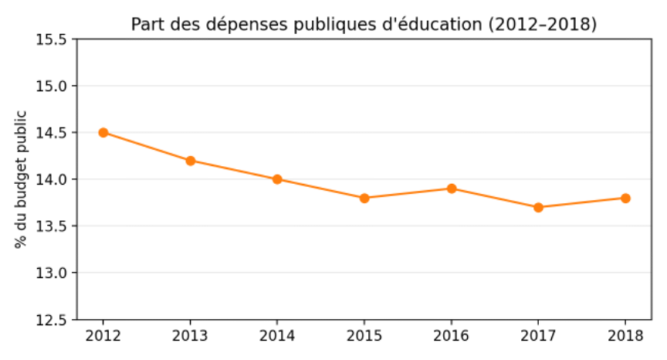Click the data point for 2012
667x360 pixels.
(x=103, y=132)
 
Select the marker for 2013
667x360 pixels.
(x=190, y=161)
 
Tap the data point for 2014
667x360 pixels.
(x=277, y=179)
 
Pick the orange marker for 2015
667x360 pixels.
(x=364, y=198)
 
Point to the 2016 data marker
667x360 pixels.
(x=452, y=188)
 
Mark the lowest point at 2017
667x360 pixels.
(x=538, y=207)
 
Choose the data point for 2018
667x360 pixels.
(x=625, y=198)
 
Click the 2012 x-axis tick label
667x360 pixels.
(x=103, y=335)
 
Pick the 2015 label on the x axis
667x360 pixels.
(x=364, y=335)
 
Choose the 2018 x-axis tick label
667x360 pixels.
(x=625, y=335)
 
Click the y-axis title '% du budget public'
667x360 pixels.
(x=21, y=179)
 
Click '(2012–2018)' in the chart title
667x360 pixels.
(x=542, y=25)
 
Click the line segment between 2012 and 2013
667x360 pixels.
(x=147, y=147)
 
